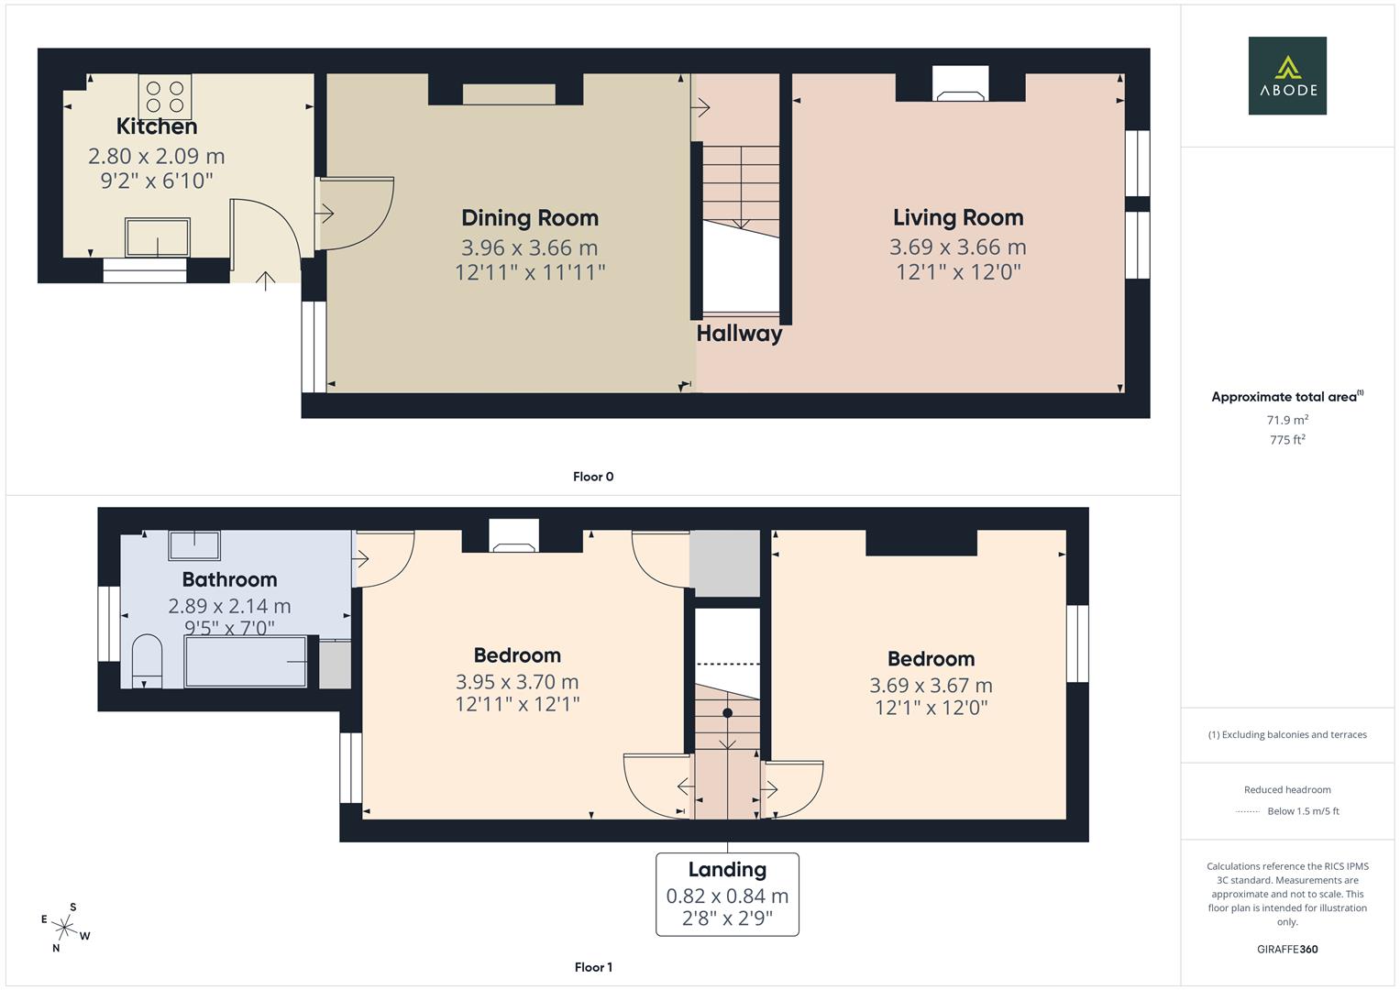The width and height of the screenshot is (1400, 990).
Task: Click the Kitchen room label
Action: point(157,126)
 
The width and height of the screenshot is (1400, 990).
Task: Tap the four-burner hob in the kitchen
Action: point(165,96)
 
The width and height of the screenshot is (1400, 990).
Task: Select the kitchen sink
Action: point(158,236)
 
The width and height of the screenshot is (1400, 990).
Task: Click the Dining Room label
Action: point(530,217)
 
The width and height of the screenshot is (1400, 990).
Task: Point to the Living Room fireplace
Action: point(961,83)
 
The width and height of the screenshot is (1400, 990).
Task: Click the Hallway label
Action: point(739,334)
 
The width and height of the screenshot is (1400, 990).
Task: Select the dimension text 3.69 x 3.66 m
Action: point(958,247)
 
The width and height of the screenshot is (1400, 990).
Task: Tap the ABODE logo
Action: point(1287,75)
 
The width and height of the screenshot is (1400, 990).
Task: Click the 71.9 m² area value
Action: point(1287,420)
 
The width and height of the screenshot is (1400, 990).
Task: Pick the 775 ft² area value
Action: point(1287,439)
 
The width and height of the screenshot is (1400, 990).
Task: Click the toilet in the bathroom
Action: point(148,661)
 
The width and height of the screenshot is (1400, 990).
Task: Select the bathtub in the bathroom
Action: point(246,661)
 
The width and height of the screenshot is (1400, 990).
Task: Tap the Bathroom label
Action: point(229,579)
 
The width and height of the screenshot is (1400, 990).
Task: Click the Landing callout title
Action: point(727,869)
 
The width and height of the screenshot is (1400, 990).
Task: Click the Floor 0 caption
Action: point(593,477)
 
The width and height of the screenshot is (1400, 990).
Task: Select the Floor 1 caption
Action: point(593,967)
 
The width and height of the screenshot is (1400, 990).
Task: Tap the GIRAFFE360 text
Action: point(1287,950)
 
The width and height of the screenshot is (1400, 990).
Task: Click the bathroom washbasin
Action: point(194,545)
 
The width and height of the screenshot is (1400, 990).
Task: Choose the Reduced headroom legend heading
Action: point(1287,789)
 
